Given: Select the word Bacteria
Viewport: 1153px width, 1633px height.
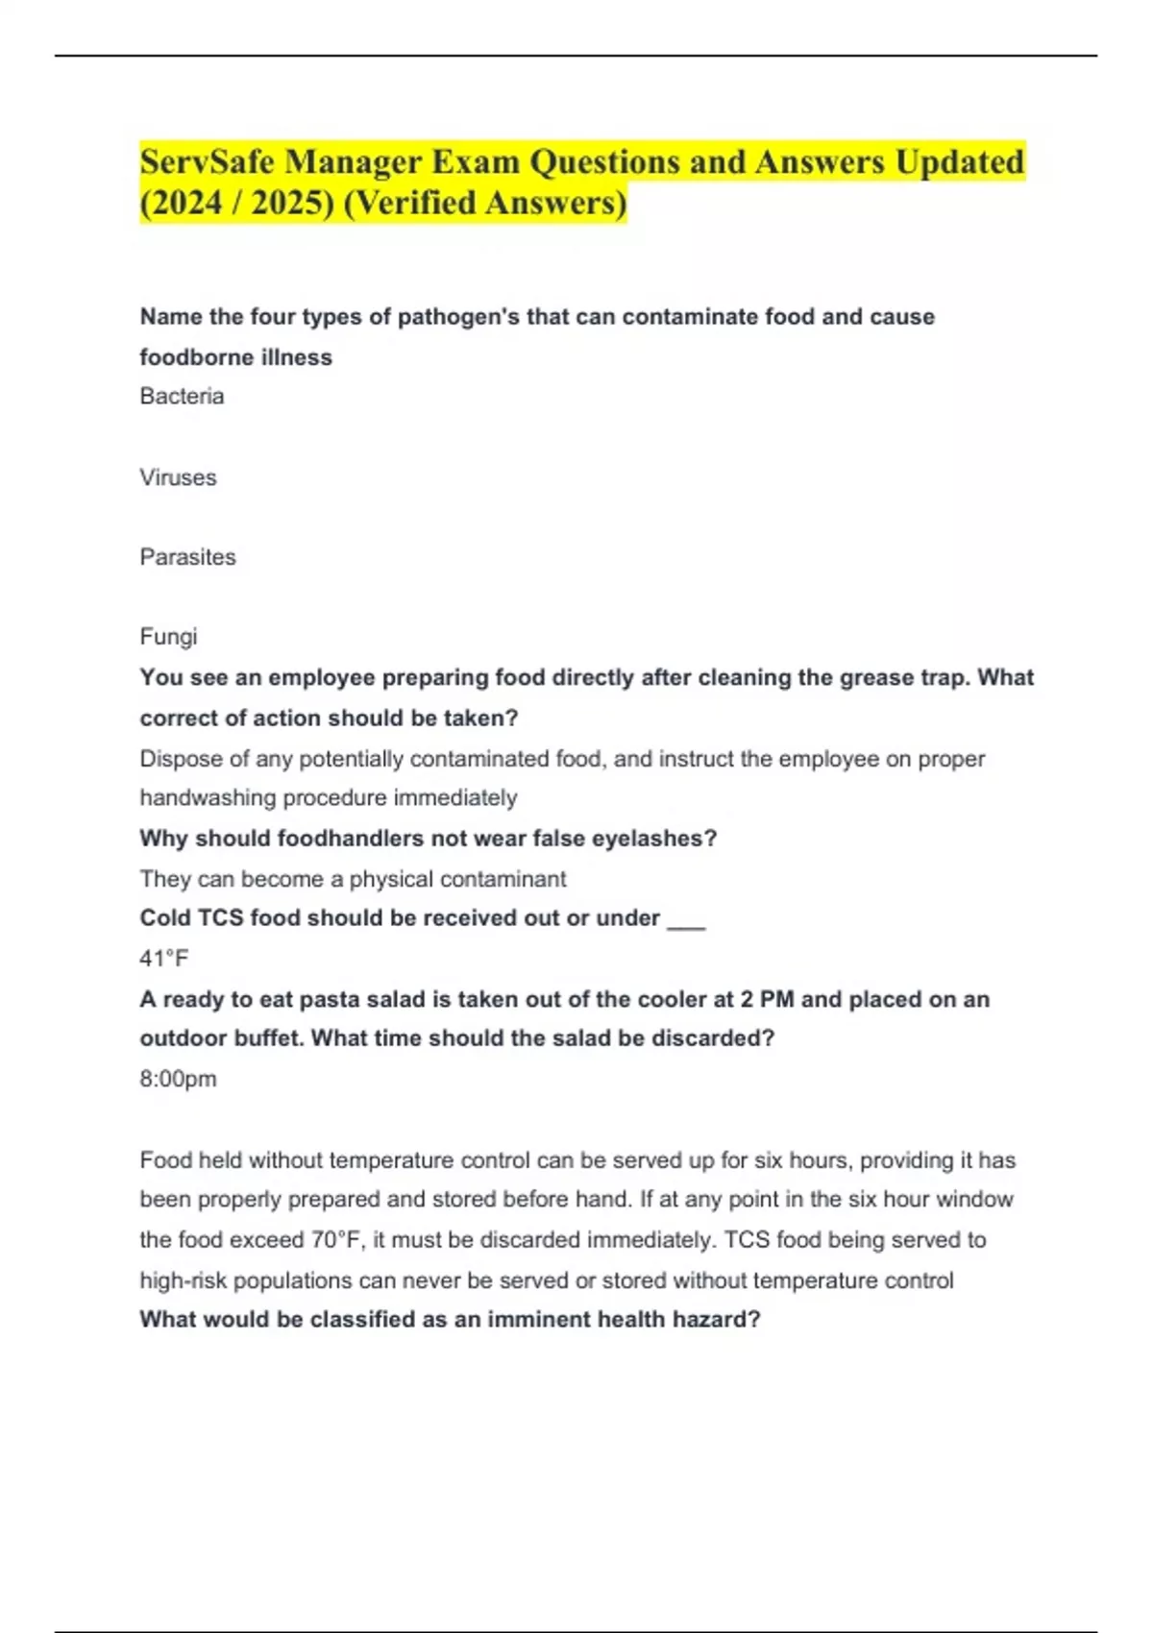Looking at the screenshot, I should tap(182, 396).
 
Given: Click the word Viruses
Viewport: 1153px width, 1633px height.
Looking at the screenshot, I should tap(178, 477).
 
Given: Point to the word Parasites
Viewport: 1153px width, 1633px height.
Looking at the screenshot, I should tap(187, 557).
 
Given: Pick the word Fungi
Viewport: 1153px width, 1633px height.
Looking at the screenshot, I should tap(168, 637).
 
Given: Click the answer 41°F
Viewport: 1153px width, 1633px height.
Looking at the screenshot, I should tap(164, 959).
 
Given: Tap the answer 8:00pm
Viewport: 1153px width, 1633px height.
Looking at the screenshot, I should tap(178, 1079).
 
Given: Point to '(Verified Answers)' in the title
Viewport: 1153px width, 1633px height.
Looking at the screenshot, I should tap(484, 203).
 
